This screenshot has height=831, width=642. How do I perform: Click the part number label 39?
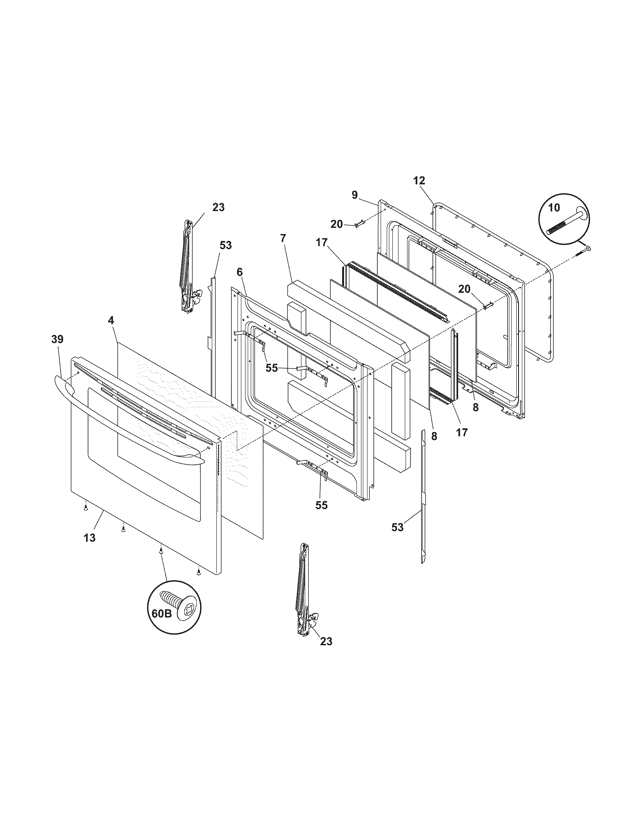tap(57, 339)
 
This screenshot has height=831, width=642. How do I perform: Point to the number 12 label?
tap(419, 181)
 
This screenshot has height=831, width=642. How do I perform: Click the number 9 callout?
tap(355, 195)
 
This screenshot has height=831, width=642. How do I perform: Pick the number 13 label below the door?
tap(90, 538)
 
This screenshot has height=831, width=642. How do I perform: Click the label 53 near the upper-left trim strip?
tap(225, 245)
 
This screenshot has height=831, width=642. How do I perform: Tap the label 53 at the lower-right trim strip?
tap(397, 527)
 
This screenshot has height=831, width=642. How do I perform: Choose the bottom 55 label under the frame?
tap(321, 505)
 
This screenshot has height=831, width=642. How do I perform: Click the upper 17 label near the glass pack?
tap(321, 242)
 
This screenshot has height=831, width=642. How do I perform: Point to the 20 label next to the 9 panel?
tap(336, 224)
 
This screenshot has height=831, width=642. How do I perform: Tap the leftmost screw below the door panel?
tap(86, 508)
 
